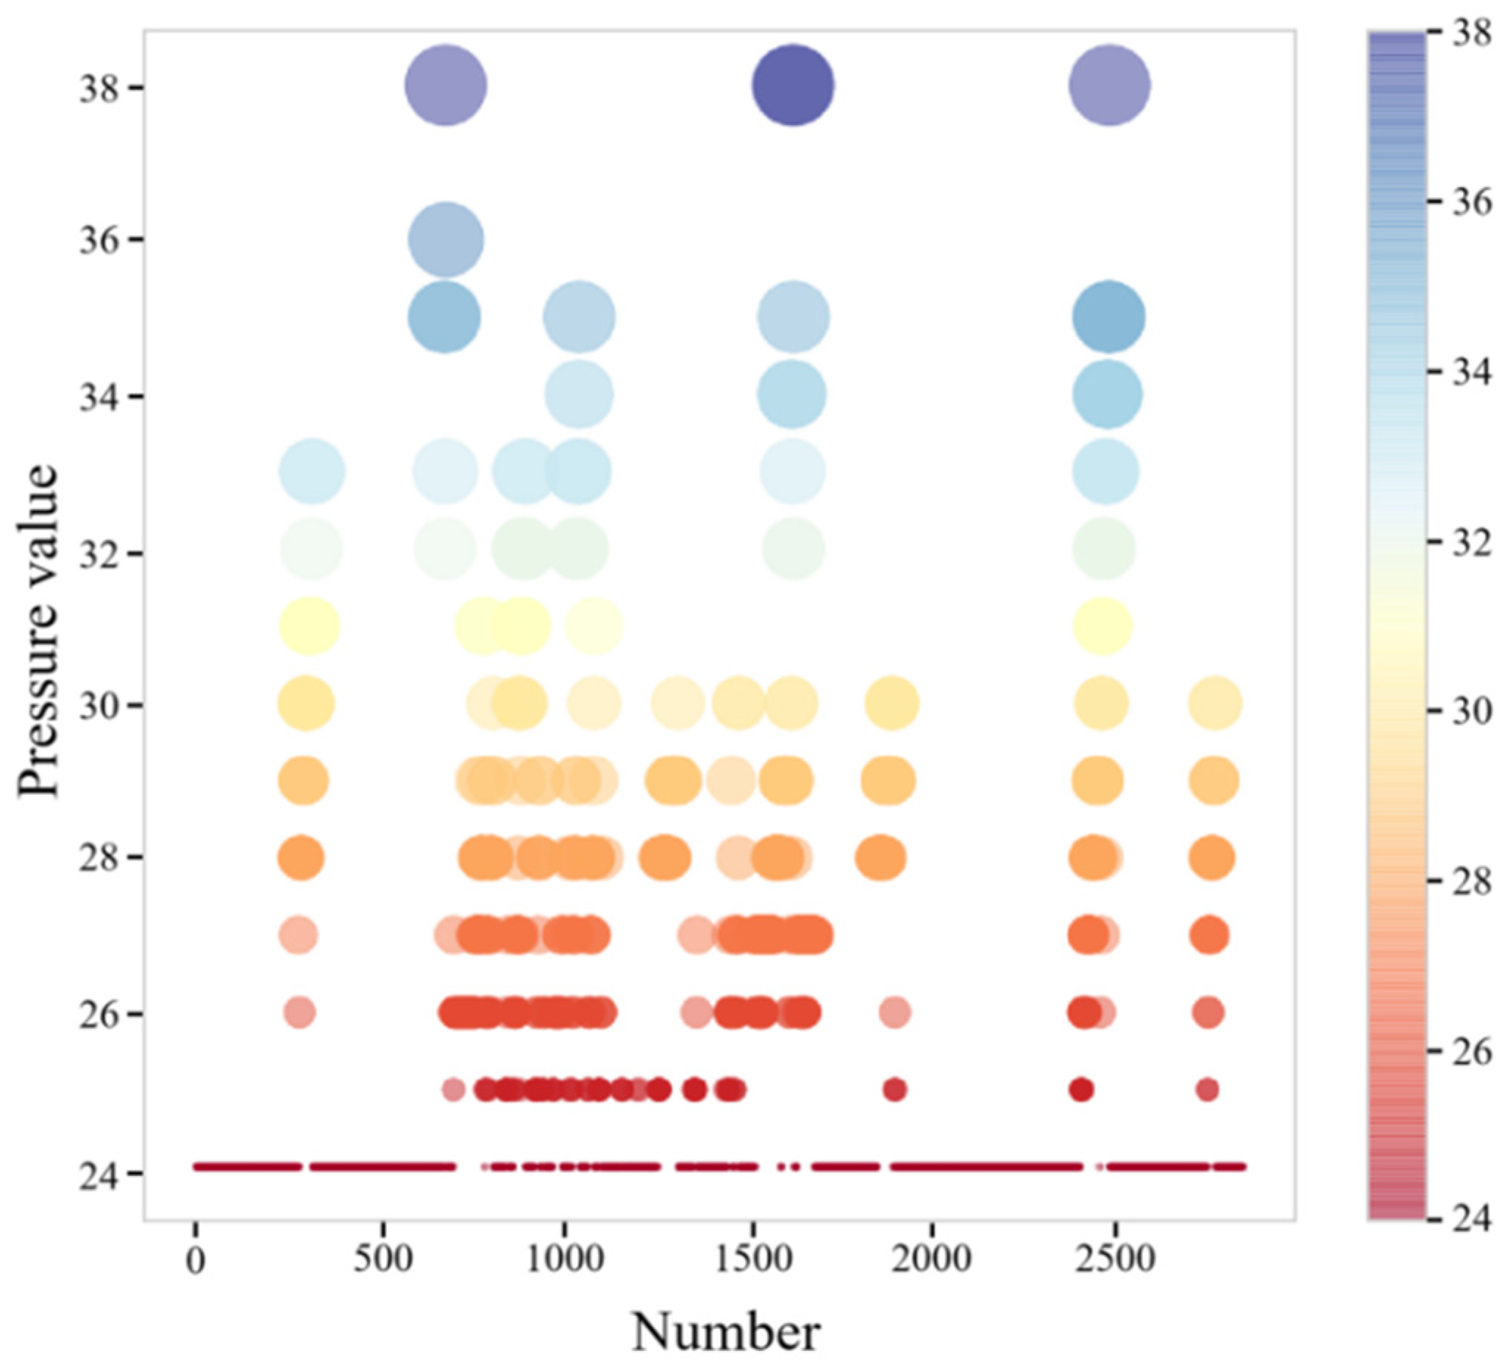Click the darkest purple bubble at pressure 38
(x=793, y=85)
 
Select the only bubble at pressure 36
(x=446, y=240)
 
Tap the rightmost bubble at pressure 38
(x=1109, y=85)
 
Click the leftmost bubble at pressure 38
(x=446, y=85)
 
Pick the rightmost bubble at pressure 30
(x=1215, y=703)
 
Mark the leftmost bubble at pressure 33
(x=312, y=471)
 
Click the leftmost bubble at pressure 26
(x=300, y=1013)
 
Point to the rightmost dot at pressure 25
(x=1207, y=1090)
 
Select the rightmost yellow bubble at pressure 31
(x=1102, y=626)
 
